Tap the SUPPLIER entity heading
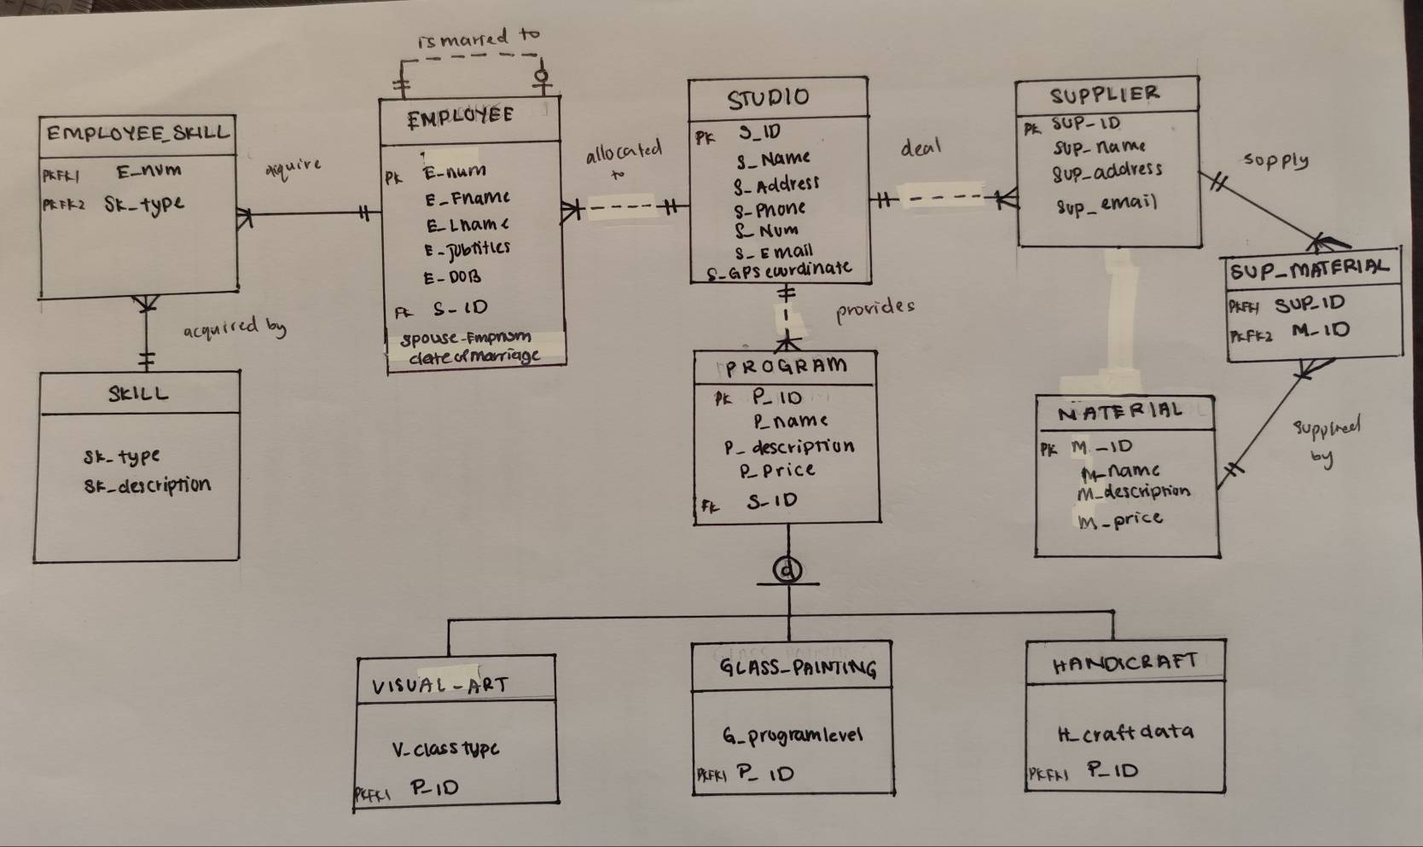(x=1104, y=93)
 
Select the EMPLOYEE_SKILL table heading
(x=137, y=133)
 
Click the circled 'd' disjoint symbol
(x=787, y=569)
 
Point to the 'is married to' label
(x=479, y=38)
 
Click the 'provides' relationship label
(x=874, y=308)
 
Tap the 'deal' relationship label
(x=920, y=148)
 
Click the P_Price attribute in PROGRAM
(x=777, y=470)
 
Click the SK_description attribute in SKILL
(x=147, y=485)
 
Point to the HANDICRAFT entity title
(x=1125, y=663)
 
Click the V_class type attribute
(x=445, y=750)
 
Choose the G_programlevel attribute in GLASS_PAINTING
(x=793, y=734)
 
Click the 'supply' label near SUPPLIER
(x=1275, y=160)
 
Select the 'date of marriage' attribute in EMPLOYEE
(x=474, y=357)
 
